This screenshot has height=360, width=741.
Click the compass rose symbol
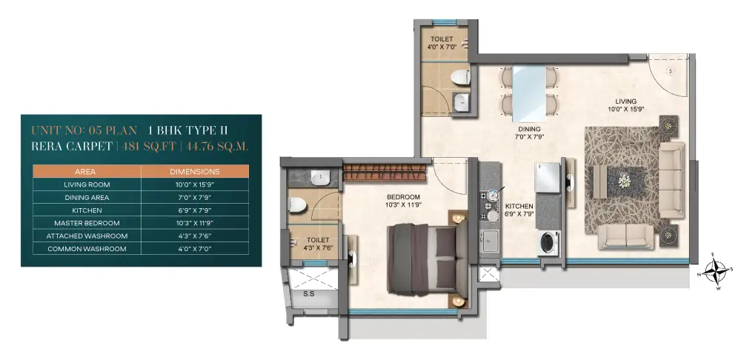pos(716,272)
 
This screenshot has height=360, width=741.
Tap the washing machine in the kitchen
pos(548,243)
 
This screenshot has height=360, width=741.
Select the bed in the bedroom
pos(422,259)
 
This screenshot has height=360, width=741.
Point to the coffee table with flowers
pos(625,181)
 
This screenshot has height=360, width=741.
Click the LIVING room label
pos(625,101)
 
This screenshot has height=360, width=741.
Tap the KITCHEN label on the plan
pos(519,207)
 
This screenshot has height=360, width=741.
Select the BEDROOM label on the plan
pos(403,197)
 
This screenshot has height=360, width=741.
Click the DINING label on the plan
pos(529,128)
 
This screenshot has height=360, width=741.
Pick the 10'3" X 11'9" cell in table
pos(195,223)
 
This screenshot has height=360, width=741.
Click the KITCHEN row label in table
pos(87,210)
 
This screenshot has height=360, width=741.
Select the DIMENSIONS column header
pos(195,172)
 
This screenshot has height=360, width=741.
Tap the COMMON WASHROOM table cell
pos(87,248)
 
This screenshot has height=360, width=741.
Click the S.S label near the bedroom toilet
pos(308,294)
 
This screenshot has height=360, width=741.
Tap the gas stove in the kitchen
pos(490,206)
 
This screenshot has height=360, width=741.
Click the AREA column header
pos(87,172)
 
